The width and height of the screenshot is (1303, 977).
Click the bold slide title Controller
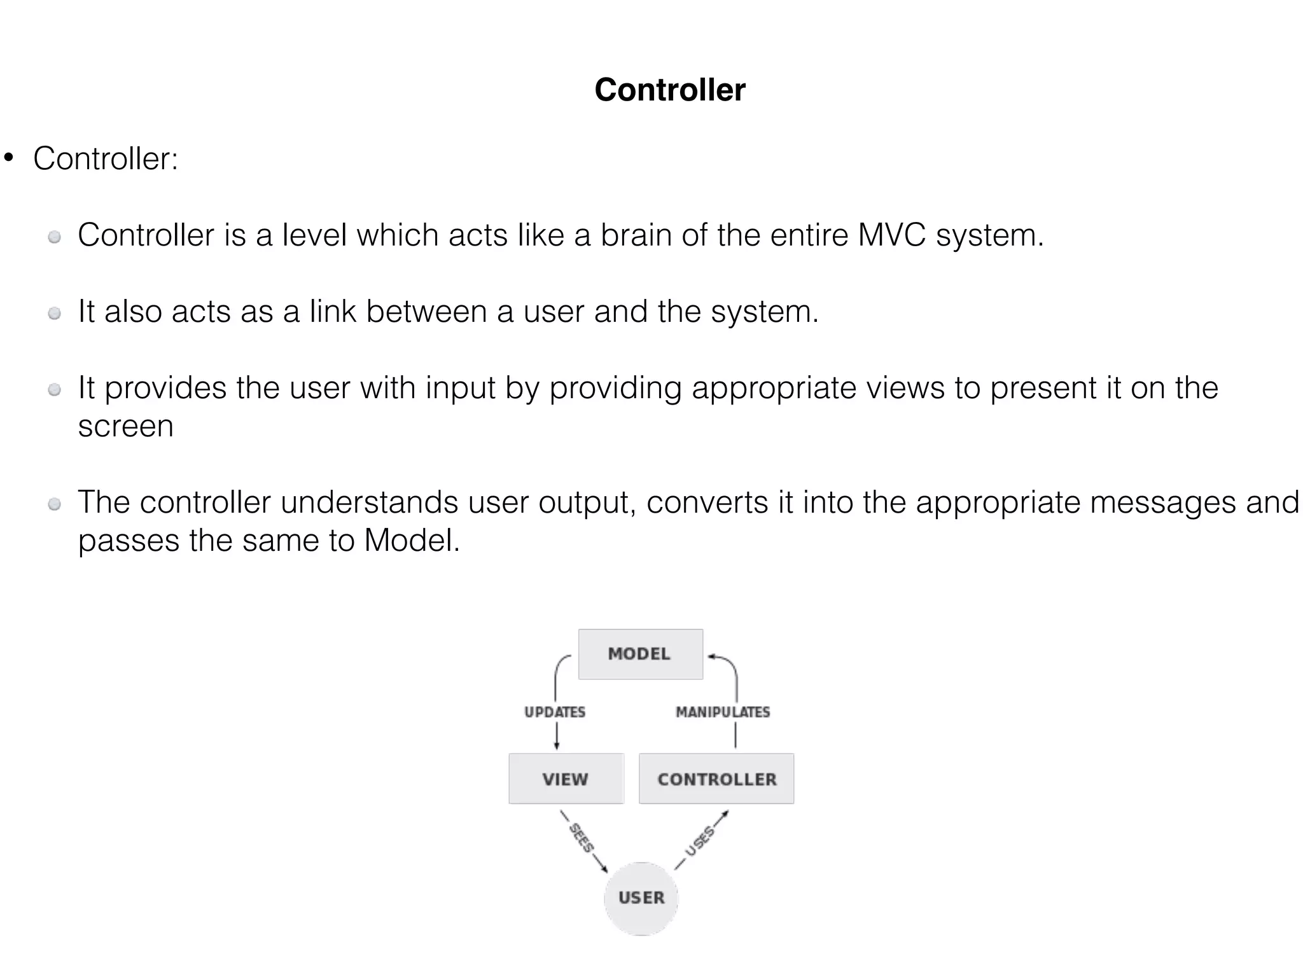pyautogui.click(x=669, y=90)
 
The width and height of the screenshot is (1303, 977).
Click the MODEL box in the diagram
pyautogui.click(x=640, y=654)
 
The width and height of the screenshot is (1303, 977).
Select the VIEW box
pyautogui.click(x=566, y=779)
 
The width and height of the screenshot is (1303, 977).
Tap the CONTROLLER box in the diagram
pyautogui.click(x=716, y=779)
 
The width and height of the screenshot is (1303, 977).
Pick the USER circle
pyautogui.click(x=641, y=897)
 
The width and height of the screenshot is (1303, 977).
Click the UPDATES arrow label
pyautogui.click(x=555, y=712)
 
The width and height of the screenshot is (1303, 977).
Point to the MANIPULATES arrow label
pyautogui.click(x=723, y=712)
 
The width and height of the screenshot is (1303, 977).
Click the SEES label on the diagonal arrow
pyautogui.click(x=581, y=838)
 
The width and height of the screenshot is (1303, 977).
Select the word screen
pyautogui.click(x=125, y=426)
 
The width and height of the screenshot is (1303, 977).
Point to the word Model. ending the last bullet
pyautogui.click(x=411, y=541)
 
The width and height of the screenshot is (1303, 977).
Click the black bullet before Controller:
pyautogui.click(x=9, y=157)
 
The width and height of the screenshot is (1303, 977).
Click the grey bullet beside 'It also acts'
pyautogui.click(x=55, y=313)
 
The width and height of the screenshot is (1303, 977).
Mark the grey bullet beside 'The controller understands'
pyautogui.click(x=55, y=504)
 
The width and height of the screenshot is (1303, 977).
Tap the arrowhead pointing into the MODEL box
pyautogui.click(x=712, y=656)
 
